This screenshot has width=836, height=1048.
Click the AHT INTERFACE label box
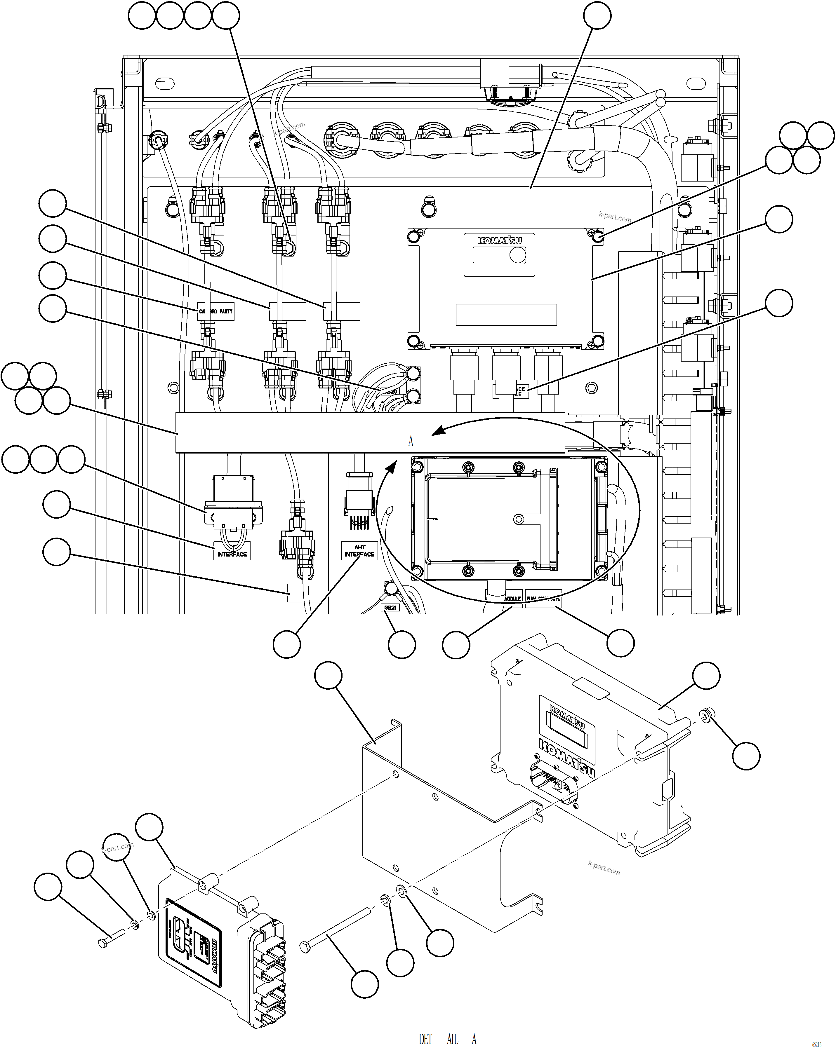(359, 551)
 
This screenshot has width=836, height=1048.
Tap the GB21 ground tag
(390, 608)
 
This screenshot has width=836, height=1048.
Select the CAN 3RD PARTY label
(216, 312)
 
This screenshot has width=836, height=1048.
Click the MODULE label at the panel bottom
(512, 599)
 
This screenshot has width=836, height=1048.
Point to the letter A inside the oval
(411, 441)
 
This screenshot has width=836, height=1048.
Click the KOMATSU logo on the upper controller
(499, 240)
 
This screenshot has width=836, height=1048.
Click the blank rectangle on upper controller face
(506, 315)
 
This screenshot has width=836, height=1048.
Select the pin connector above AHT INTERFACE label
(358, 501)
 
